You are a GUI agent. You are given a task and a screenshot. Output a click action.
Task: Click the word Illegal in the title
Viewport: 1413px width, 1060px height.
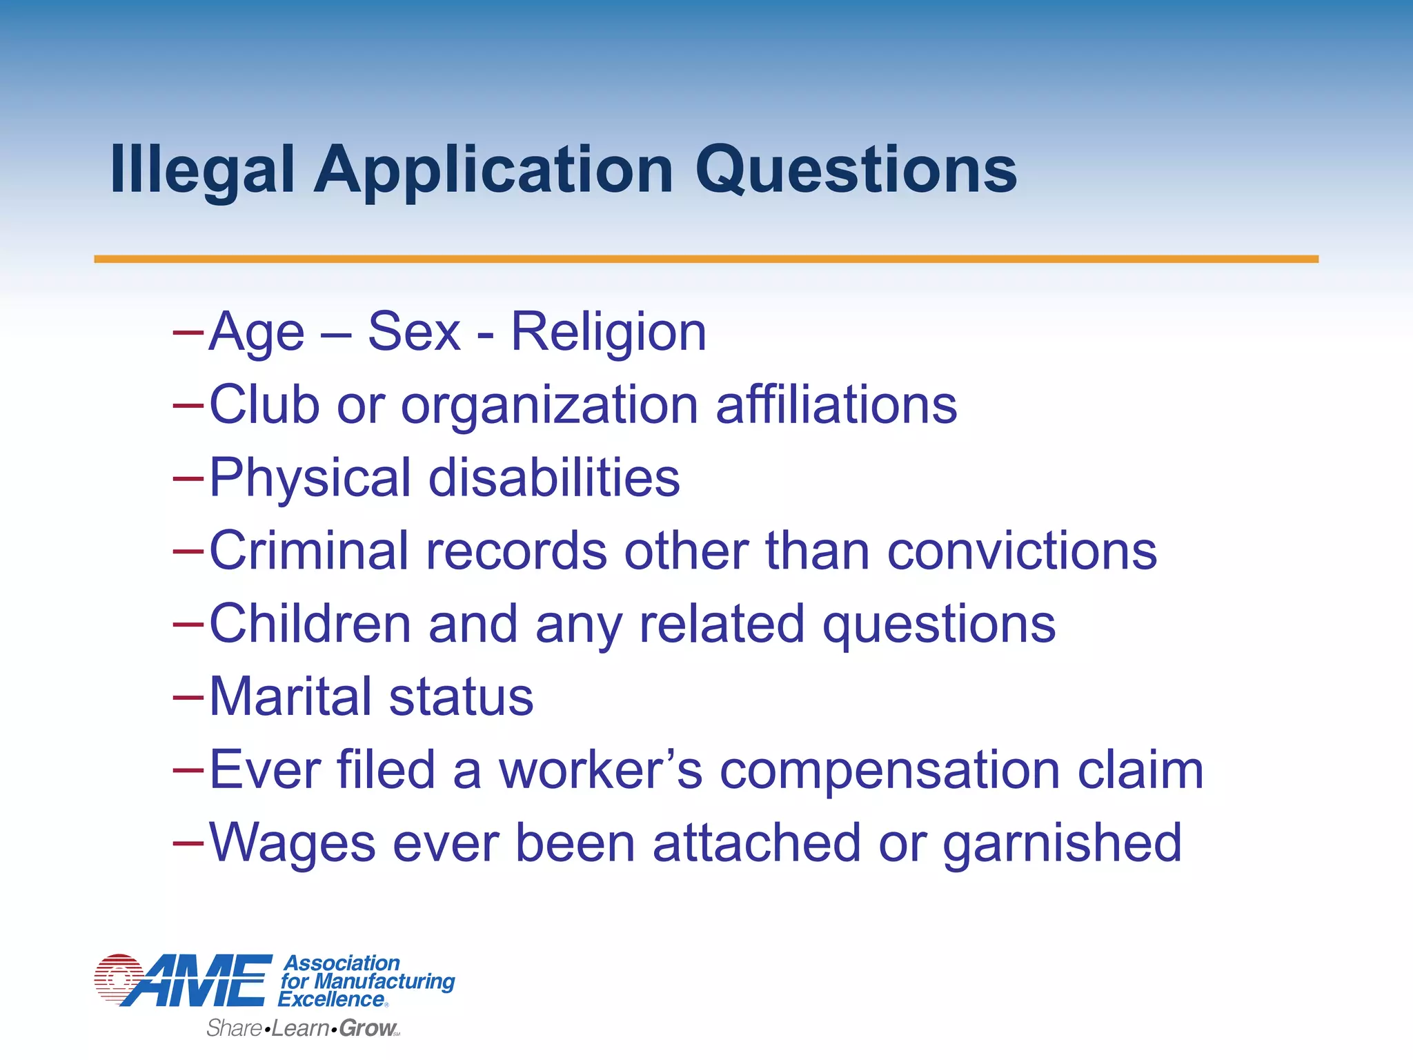coord(202,170)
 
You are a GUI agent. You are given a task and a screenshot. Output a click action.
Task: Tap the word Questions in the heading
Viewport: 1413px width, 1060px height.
coord(856,170)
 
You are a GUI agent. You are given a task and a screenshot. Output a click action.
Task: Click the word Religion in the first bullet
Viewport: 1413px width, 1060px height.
coord(609,333)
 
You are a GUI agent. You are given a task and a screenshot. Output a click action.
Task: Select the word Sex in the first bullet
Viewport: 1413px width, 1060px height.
coord(414,333)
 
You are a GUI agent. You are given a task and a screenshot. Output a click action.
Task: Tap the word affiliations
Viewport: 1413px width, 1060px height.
coord(836,405)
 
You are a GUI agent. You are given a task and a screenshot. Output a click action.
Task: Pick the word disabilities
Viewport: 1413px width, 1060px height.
coord(554,478)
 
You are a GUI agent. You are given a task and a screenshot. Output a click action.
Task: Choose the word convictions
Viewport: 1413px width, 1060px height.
coord(1022,551)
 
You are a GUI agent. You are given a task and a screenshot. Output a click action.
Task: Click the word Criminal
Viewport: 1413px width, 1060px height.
coord(308,551)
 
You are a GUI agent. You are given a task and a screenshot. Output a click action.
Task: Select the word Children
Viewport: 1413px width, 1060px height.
coord(310,624)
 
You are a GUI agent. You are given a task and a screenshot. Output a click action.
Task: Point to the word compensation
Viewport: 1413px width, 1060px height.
coord(890,771)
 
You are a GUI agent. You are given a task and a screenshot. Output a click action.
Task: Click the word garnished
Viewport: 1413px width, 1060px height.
coord(1062,843)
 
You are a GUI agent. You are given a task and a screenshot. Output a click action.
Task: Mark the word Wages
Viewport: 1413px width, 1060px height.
coord(293,843)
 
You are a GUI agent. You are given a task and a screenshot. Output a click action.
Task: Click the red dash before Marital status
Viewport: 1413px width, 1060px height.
coord(188,697)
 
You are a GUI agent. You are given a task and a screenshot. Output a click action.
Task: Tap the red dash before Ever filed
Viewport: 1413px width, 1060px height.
coord(188,770)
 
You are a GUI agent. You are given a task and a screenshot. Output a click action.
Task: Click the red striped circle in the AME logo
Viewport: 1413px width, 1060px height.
coord(119,978)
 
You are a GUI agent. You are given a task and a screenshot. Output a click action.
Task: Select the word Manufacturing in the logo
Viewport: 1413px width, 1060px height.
coord(384,981)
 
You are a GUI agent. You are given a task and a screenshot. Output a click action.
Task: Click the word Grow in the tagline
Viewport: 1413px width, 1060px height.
coord(367,1028)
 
